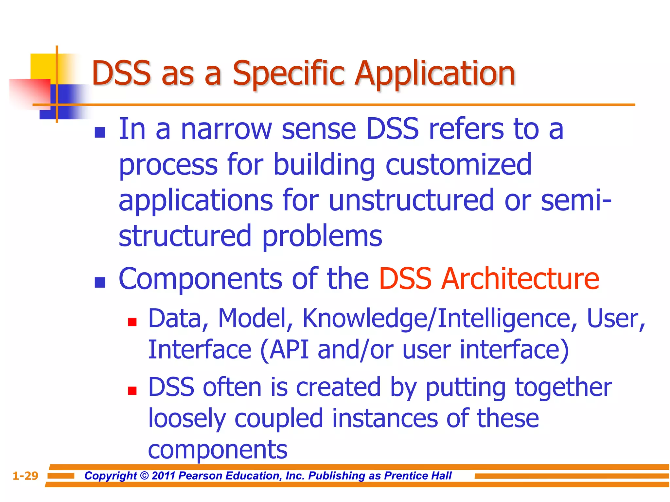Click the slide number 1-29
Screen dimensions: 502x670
point(25,476)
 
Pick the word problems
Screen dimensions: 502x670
point(322,236)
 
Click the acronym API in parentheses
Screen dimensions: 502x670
point(289,350)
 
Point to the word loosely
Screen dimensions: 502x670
point(187,419)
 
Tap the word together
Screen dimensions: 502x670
point(563,387)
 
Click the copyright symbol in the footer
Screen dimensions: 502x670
point(144,476)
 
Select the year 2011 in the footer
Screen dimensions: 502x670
point(164,476)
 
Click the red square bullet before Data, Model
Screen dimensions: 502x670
point(132,322)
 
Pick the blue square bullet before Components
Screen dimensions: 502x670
point(100,282)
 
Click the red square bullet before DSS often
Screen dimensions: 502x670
point(132,391)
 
